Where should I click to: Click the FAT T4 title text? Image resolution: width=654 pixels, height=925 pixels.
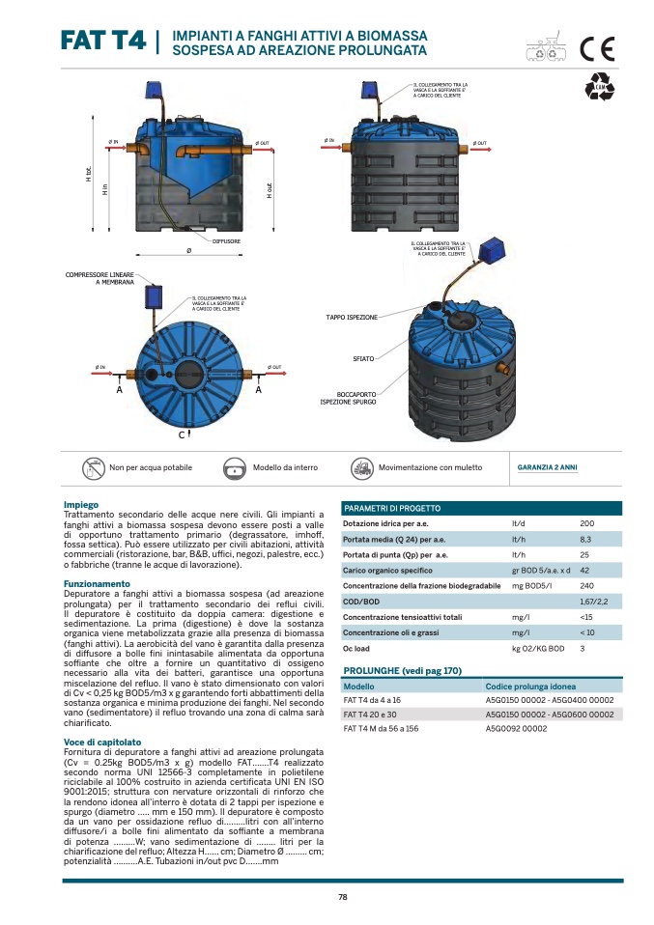pos(101,41)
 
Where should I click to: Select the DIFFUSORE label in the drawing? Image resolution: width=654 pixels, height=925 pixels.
pos(226,240)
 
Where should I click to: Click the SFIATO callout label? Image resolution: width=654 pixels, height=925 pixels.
pos(363,358)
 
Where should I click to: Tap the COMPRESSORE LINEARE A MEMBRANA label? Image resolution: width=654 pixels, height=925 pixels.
pos(100,278)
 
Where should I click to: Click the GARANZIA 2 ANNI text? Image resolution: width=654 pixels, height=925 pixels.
pos(548,467)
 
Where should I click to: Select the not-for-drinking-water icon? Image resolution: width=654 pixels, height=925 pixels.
pos(94,467)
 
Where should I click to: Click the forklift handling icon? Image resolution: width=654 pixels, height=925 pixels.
pos(362,467)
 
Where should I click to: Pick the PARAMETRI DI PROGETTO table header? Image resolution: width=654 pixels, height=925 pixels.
pos(392,508)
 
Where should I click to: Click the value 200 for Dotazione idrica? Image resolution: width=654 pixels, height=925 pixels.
pos(586,523)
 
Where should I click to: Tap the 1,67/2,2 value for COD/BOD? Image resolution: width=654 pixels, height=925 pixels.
pos(594,601)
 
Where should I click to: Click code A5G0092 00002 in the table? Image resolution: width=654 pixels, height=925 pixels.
pos(516,729)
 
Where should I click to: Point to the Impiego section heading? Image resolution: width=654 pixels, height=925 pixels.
pos(81,505)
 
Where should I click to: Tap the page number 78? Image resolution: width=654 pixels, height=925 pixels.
pos(343,897)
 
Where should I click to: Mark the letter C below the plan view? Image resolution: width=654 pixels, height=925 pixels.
pos(181,436)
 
